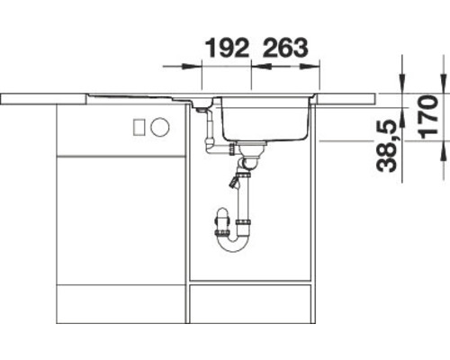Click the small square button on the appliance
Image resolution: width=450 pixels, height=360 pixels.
tap(138, 127)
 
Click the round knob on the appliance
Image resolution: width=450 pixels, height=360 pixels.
tap(160, 127)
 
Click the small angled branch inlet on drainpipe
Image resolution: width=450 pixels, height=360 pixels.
tap(235, 184)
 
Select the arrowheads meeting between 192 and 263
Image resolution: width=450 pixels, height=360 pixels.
tap(251, 67)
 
